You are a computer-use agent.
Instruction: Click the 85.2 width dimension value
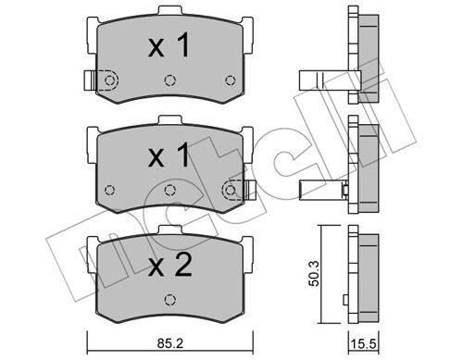169,343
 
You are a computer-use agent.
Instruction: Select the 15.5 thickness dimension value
364,344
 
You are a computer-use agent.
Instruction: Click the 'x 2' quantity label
169,265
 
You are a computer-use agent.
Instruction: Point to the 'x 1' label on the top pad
169,45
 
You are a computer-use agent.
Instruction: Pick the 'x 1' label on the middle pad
169,155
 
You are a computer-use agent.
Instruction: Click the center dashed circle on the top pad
170,81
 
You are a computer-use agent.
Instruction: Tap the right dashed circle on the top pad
231,81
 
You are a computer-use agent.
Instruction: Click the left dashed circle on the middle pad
110,190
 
